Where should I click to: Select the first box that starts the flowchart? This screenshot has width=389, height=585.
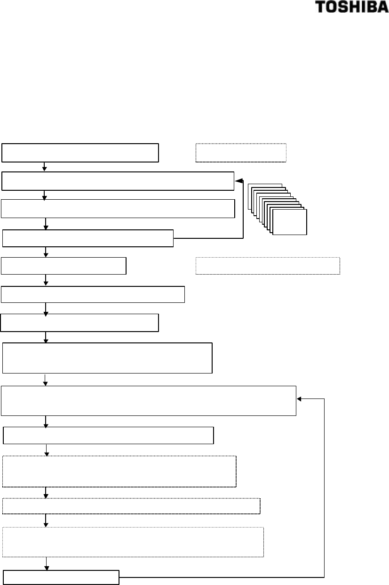click(x=80, y=153)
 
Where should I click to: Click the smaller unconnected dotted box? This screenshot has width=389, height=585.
click(x=241, y=153)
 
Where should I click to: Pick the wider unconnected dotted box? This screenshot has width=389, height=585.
click(x=268, y=266)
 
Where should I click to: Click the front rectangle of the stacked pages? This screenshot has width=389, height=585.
click(x=290, y=222)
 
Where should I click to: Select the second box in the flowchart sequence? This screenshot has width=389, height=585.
click(x=118, y=181)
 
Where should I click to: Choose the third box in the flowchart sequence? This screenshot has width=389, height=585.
click(x=118, y=209)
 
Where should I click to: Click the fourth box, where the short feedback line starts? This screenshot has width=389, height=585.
click(x=88, y=238)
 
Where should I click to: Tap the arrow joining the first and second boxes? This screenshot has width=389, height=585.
click(x=44, y=167)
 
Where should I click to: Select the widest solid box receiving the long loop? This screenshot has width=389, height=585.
click(x=149, y=401)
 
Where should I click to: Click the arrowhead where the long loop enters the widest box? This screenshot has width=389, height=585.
click(x=300, y=398)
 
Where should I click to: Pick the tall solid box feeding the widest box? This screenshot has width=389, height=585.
click(x=108, y=358)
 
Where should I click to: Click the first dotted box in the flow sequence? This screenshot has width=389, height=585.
click(x=119, y=471)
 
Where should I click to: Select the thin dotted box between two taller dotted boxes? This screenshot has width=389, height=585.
click(x=131, y=506)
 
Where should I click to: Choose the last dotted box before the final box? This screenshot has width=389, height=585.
click(x=133, y=542)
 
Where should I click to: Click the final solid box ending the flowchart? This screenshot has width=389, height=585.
click(x=61, y=577)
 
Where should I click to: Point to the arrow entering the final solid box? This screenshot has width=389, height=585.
click(x=47, y=564)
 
